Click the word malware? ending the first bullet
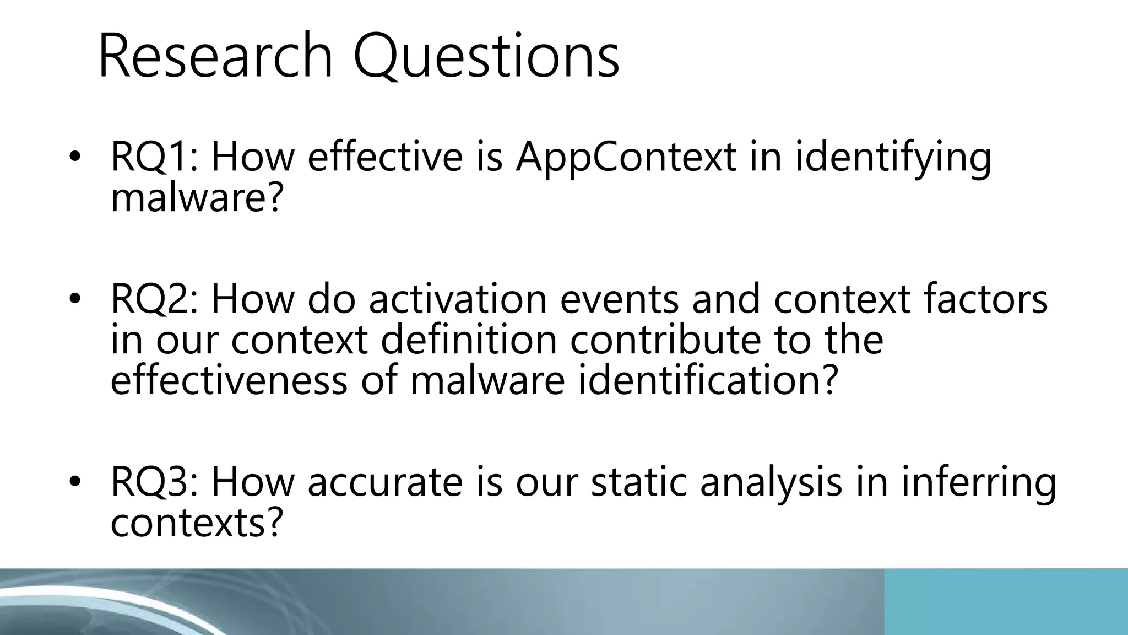click(197, 198)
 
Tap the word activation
click(458, 299)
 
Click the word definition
click(469, 340)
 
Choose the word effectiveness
click(229, 381)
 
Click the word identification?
click(707, 381)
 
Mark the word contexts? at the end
click(197, 523)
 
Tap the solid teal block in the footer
click(1006, 602)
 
